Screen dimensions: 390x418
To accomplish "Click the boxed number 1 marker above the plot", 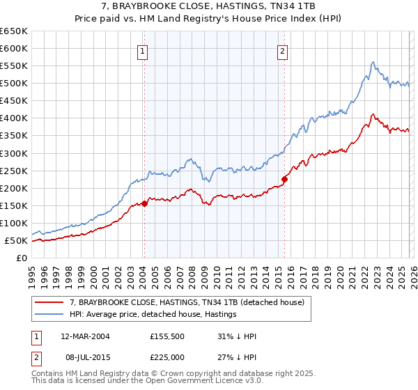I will [143, 50].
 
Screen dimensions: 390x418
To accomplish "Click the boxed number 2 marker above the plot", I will [283, 50].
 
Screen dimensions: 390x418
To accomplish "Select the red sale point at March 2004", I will [144, 203].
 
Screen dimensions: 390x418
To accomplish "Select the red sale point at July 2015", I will [284, 179].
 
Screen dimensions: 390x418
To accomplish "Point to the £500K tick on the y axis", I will [14, 84].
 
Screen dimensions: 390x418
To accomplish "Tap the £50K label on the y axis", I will [16, 241].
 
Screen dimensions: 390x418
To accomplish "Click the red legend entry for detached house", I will [187, 303].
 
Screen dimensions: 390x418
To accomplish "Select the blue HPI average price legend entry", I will [153, 315].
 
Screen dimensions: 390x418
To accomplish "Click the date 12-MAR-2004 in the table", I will [85, 336].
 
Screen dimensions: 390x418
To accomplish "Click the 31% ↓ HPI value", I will [237, 336].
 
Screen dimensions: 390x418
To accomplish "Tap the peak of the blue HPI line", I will [373, 62].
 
